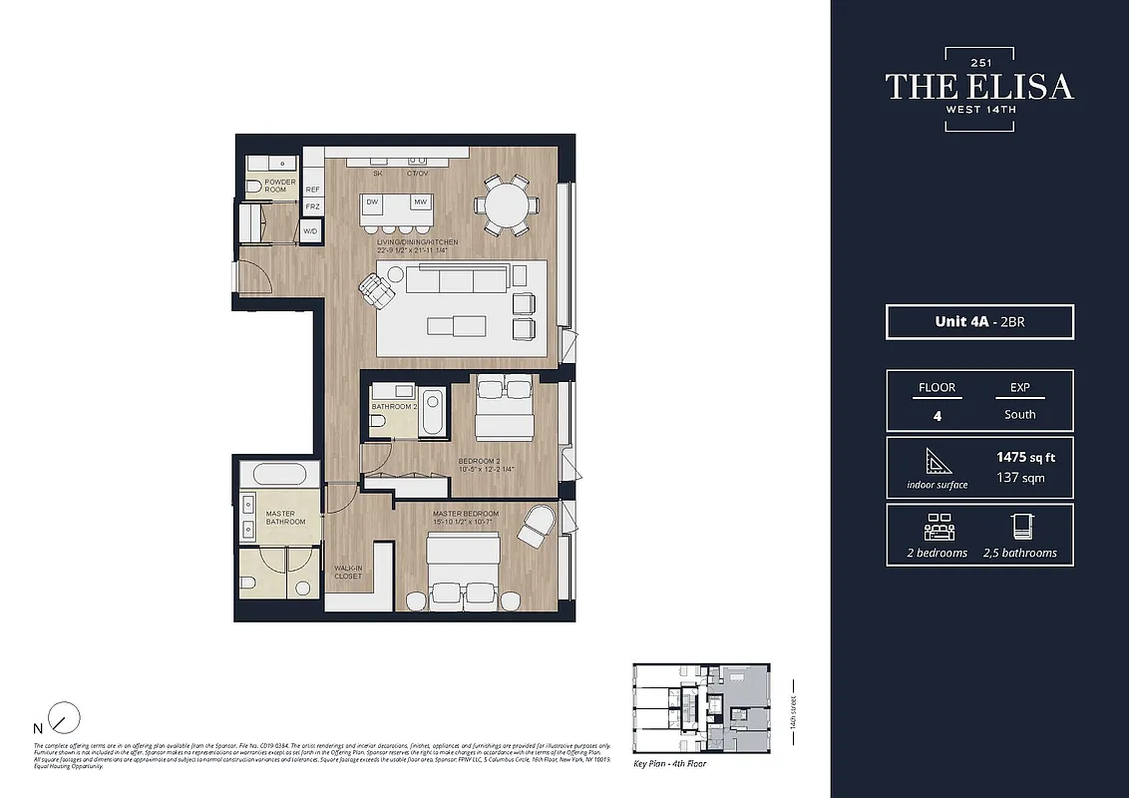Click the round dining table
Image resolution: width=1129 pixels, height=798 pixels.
(x=507, y=205)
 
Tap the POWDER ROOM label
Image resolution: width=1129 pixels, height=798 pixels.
(x=279, y=186)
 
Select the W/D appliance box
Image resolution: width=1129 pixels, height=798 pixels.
(x=310, y=231)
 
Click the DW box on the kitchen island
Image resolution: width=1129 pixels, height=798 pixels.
(x=372, y=201)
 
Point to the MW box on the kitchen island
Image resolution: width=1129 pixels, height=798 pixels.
(x=420, y=201)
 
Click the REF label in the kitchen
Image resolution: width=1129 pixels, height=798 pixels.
(x=312, y=189)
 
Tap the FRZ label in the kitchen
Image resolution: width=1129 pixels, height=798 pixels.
(x=312, y=207)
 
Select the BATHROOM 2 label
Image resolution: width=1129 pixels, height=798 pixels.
(x=393, y=407)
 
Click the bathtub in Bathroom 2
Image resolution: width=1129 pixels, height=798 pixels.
(x=432, y=412)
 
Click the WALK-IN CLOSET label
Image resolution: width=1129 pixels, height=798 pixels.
(x=348, y=572)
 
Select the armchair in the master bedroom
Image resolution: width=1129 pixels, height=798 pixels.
(x=536, y=524)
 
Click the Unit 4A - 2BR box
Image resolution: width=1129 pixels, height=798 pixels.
(x=979, y=322)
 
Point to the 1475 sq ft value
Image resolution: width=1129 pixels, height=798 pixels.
(x=1025, y=458)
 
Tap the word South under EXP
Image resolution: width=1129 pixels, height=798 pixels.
(x=1019, y=414)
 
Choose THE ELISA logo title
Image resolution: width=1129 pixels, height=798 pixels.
(x=979, y=87)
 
